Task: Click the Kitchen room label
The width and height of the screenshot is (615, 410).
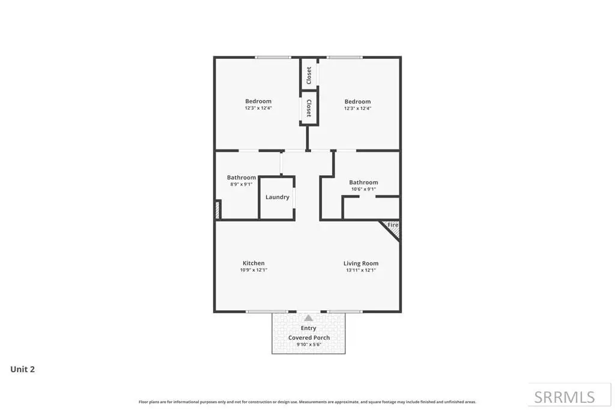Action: tap(253, 263)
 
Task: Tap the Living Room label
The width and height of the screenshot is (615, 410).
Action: tap(361, 264)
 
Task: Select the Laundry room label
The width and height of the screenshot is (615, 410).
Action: tap(277, 197)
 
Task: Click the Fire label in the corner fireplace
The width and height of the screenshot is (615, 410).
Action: tap(393, 225)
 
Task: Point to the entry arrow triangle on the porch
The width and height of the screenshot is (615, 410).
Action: tap(309, 318)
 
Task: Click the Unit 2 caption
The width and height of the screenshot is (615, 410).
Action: tap(22, 369)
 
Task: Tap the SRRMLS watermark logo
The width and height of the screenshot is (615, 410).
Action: tap(565, 397)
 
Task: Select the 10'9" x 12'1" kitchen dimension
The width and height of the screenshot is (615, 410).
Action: tap(253, 270)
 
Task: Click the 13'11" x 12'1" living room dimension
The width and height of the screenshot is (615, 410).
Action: tap(361, 270)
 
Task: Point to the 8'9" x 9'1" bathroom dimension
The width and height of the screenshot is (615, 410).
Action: tap(241, 184)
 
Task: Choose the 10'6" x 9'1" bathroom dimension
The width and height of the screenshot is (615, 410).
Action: tap(363, 189)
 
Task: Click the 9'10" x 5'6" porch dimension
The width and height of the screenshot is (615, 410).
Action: tap(309, 345)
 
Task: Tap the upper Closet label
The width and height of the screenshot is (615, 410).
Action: tap(309, 75)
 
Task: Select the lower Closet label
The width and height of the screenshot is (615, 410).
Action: tap(309, 108)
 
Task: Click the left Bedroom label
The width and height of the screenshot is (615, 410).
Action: tap(258, 101)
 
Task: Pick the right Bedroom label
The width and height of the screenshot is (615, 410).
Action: tap(357, 101)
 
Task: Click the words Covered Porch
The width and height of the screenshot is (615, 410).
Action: tap(309, 337)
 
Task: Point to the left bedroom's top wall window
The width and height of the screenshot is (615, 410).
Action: tap(273, 58)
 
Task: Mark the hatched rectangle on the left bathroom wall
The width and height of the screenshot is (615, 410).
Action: tap(217, 210)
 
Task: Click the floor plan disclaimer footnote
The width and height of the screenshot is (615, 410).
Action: tap(307, 402)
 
